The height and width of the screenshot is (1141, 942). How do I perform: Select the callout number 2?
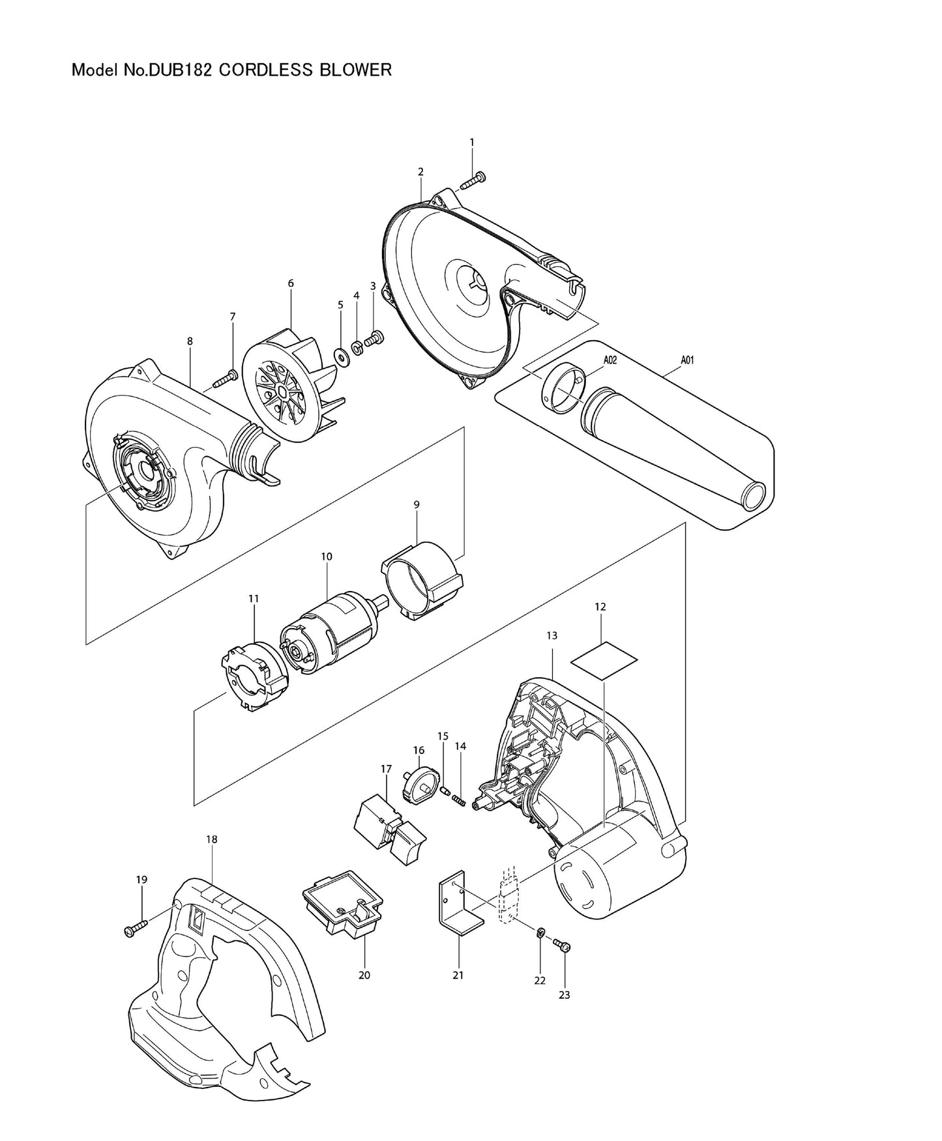point(420,172)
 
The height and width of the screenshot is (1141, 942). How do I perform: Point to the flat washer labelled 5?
point(340,356)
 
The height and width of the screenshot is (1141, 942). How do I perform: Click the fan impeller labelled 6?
point(291,391)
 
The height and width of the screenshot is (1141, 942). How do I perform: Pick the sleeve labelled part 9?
point(424,580)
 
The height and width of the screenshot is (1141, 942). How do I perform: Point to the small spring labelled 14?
point(458,799)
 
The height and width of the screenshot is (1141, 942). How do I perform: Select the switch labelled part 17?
point(387,828)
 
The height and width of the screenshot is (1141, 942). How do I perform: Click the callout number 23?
point(565,994)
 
